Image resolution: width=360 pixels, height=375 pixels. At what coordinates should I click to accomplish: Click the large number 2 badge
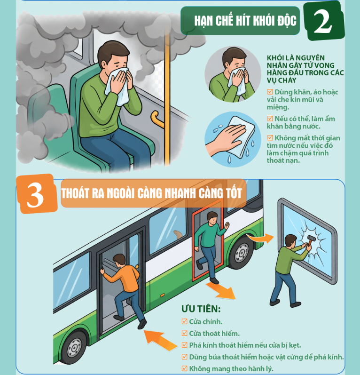click(x=324, y=21)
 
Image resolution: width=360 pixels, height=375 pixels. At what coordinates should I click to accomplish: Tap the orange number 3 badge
click(x=36, y=194)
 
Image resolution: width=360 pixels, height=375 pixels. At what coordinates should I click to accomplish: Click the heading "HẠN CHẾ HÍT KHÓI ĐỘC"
click(x=245, y=21)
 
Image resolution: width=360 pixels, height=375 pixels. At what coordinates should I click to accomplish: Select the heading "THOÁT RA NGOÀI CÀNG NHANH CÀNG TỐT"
click(x=151, y=193)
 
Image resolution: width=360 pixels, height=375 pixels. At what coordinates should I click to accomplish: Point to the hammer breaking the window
click(x=311, y=240)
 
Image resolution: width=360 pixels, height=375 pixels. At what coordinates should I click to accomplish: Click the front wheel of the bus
click(x=74, y=347)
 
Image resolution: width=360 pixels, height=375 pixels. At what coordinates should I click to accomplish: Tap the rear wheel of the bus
click(x=241, y=252)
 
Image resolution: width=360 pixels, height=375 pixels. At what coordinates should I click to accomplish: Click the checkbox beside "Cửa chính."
click(x=184, y=321)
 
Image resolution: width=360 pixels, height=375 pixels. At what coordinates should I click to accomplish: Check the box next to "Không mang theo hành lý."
click(x=184, y=368)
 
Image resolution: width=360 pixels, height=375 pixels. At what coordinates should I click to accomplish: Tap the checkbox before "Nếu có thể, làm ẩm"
click(x=270, y=119)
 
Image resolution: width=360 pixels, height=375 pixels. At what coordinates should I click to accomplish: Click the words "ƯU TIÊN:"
click(x=201, y=309)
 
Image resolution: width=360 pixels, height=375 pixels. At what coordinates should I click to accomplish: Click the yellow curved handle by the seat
click(x=157, y=119)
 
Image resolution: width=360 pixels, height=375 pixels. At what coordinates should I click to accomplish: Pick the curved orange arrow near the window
click(x=261, y=238)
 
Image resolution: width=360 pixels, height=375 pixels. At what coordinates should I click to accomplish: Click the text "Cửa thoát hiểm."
click(x=214, y=333)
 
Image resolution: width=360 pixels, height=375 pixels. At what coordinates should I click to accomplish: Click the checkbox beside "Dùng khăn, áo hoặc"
click(x=270, y=92)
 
